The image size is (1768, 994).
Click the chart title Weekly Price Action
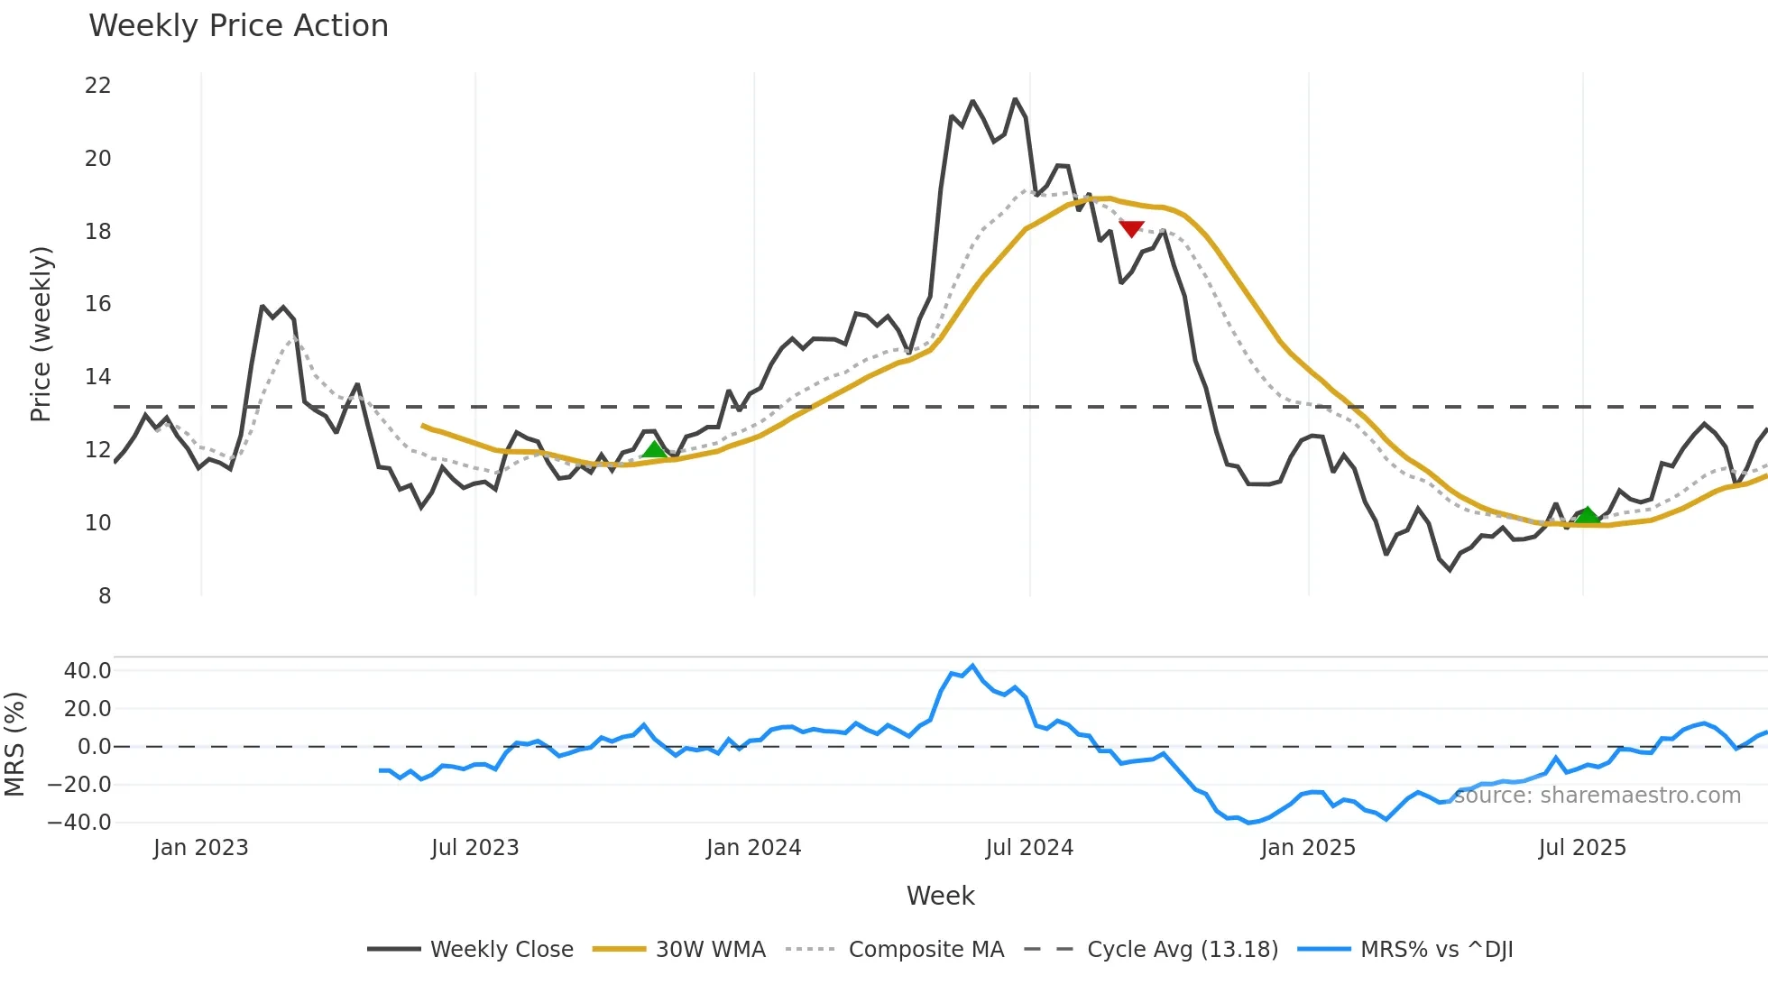click(x=238, y=26)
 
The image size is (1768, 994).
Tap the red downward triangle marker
click(x=1131, y=229)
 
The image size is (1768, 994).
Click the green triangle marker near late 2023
click(x=654, y=449)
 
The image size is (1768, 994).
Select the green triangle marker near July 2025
click(x=1587, y=515)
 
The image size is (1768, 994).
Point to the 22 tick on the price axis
click(x=97, y=86)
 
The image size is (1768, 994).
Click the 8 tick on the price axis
click(x=105, y=595)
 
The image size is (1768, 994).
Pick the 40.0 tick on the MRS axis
click(x=87, y=670)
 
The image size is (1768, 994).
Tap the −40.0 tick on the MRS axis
click(x=79, y=822)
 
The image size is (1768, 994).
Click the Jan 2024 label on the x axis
click(x=753, y=848)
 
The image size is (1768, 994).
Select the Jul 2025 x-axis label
click(x=1582, y=848)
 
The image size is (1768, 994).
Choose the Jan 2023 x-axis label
click(x=200, y=848)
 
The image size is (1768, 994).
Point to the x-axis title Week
click(x=940, y=896)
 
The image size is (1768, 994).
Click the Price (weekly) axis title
click(x=41, y=334)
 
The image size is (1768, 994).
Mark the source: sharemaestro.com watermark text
click(x=1597, y=796)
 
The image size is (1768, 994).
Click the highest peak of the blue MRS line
click(x=971, y=666)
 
